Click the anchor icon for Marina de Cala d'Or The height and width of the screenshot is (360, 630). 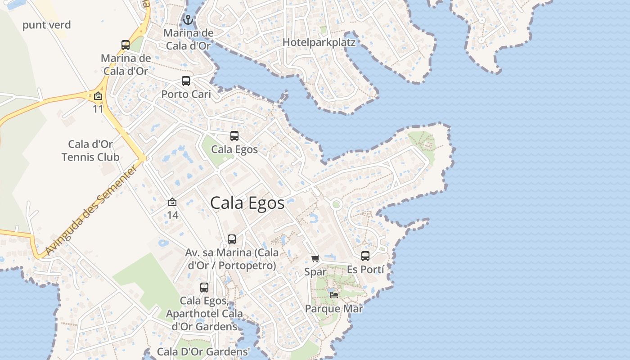pos(188,20)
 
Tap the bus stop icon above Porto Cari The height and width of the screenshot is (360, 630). pos(186,81)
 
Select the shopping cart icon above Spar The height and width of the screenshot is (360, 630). pos(315,258)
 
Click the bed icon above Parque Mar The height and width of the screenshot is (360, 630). pos(334,295)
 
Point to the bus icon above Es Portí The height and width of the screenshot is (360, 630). pos(365,256)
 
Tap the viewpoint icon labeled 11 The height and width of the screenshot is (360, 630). pos(98,96)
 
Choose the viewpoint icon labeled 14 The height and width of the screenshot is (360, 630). pos(172,202)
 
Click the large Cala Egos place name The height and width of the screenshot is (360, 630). pos(247,203)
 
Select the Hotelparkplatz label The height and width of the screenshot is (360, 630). pos(319,43)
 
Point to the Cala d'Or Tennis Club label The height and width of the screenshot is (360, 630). pos(90,151)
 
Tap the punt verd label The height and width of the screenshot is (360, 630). pos(47,25)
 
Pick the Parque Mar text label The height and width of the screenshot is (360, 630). pos(334,309)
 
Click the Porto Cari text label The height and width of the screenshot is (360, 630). pos(186,94)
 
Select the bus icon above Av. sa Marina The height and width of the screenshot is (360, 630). pos(232,239)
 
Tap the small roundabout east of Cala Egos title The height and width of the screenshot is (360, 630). pos(336,205)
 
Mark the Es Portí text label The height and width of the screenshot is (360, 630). pos(365,270)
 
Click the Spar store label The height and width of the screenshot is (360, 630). pos(315,272)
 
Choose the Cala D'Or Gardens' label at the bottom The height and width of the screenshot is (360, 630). pos(203,352)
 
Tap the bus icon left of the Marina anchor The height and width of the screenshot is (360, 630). pos(126,45)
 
